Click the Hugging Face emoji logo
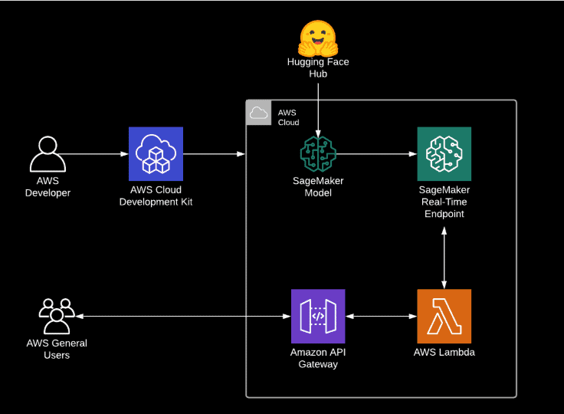pyautogui.click(x=318, y=37)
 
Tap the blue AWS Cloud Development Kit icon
pyautogui.click(x=156, y=153)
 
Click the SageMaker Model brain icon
pyautogui.click(x=318, y=154)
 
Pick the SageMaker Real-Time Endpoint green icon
pyautogui.click(x=444, y=153)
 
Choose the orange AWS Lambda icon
pyautogui.click(x=444, y=316)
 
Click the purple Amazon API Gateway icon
pyautogui.click(x=318, y=316)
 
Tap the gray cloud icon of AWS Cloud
pyautogui.click(x=258, y=113)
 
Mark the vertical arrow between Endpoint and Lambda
pyautogui.click(x=444, y=255)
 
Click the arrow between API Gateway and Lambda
pyautogui.click(x=381, y=316)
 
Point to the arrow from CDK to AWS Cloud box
pyautogui.click(x=215, y=154)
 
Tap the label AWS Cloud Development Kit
pyautogui.click(x=156, y=196)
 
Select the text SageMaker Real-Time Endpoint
pyautogui.click(x=444, y=201)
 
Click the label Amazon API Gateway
pyautogui.click(x=318, y=358)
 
